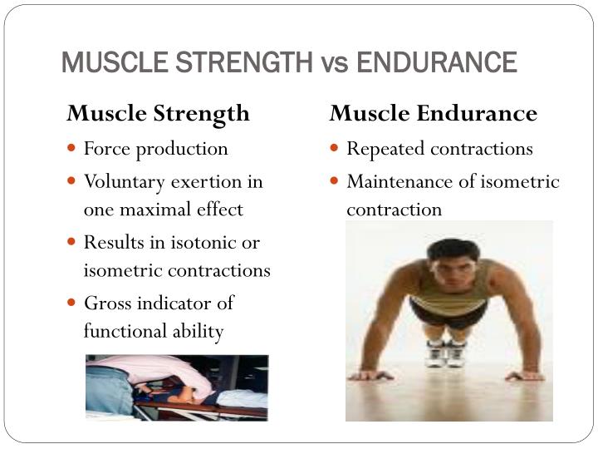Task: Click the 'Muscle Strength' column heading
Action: pyautogui.click(x=159, y=113)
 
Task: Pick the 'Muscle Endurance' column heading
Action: pyautogui.click(x=434, y=113)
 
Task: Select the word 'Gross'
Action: pyautogui.click(x=107, y=303)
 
